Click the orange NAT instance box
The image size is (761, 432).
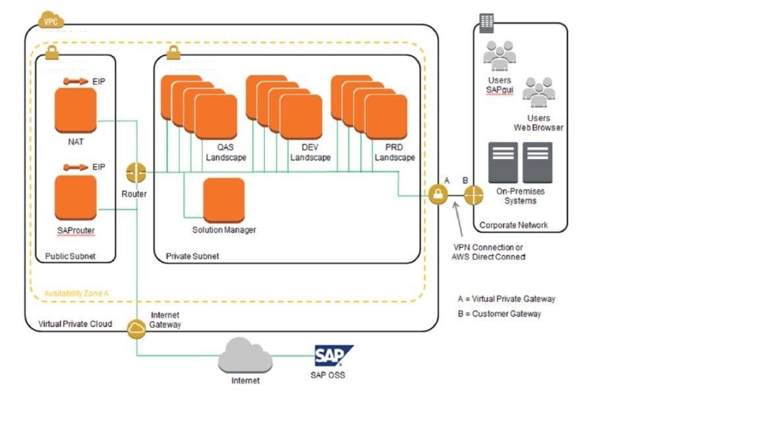pyautogui.click(x=75, y=110)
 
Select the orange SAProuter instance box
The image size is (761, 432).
pyautogui.click(x=75, y=197)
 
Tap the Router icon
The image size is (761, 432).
pyautogui.click(x=136, y=173)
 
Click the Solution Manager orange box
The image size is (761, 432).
pyautogui.click(x=223, y=200)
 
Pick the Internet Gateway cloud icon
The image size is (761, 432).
pyautogui.click(x=137, y=328)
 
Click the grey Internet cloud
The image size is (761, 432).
pyautogui.click(x=244, y=358)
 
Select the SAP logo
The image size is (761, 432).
pyautogui.click(x=332, y=356)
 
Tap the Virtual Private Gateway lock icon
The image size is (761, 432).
pyautogui.click(x=438, y=195)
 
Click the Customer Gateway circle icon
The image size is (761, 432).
pyautogui.click(x=474, y=195)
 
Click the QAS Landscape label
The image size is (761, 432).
pyautogui.click(x=225, y=153)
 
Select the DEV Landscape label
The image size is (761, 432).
pyautogui.click(x=310, y=153)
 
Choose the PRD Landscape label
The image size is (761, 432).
pyautogui.click(x=395, y=153)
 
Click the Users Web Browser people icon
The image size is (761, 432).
pyautogui.click(x=538, y=92)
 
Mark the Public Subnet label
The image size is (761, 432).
pyautogui.click(x=70, y=255)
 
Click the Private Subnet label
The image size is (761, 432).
pyautogui.click(x=192, y=255)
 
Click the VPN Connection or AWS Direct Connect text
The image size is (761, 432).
pyautogui.click(x=488, y=251)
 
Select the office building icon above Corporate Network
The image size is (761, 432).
pyautogui.click(x=487, y=22)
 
